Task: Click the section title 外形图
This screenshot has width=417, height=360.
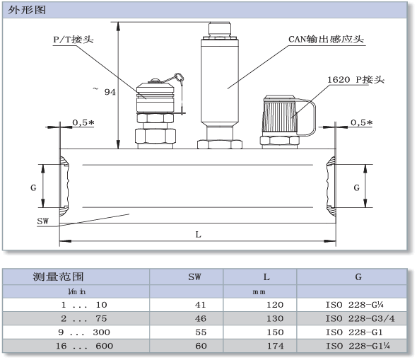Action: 27,10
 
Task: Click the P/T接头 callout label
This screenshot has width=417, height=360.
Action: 74,40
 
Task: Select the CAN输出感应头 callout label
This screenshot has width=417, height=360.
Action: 326,39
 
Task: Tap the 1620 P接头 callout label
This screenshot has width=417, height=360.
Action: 356,79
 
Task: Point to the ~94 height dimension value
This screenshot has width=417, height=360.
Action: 105,91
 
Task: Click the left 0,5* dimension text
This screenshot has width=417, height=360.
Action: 83,122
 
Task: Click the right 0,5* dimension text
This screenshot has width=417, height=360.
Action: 361,122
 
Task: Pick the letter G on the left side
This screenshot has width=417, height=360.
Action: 33,188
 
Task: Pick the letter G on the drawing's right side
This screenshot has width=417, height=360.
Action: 357,188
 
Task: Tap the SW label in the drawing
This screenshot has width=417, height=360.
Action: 43,221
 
